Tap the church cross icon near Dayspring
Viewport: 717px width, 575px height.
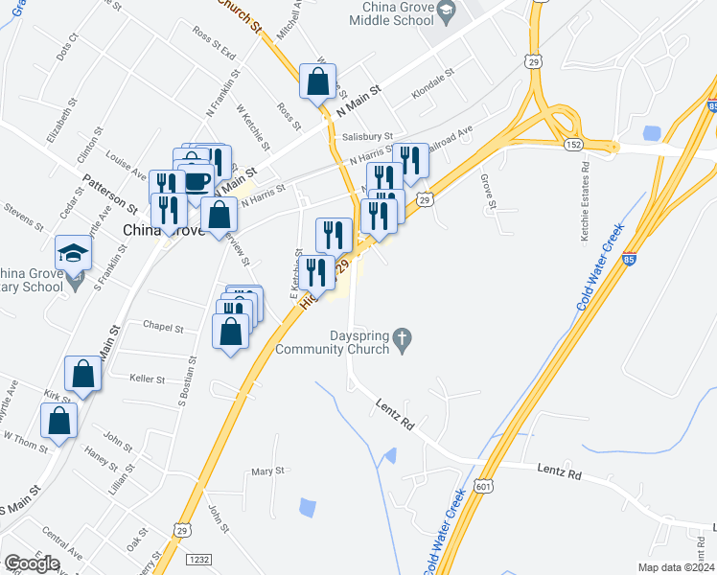(x=403, y=337)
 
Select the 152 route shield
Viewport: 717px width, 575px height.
(x=573, y=143)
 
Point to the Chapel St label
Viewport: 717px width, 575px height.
(x=162, y=327)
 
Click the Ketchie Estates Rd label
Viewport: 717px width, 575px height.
(x=585, y=201)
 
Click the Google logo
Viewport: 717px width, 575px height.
(x=31, y=563)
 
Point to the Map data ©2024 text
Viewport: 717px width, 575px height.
(x=675, y=567)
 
